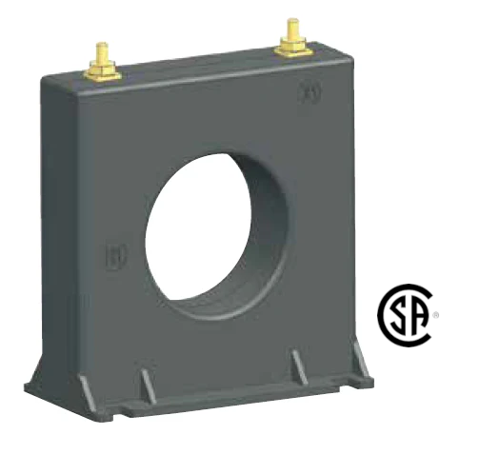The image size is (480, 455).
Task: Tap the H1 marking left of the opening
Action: (x=112, y=255)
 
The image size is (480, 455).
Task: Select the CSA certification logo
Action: (x=408, y=316)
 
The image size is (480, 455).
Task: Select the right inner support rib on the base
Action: (x=298, y=366)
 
